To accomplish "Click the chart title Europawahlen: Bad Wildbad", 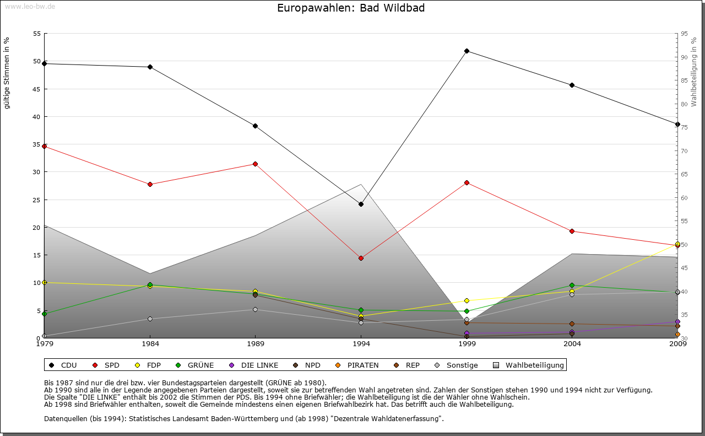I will [351, 8].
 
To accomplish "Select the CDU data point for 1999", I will [467, 51].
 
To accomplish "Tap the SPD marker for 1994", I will [361, 258].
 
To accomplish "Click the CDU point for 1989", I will [255, 126].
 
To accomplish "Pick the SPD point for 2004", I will [572, 231].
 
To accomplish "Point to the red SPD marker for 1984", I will [150, 184].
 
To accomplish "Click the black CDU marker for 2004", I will [572, 85].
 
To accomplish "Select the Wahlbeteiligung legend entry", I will [528, 365].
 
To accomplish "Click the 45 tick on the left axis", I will [37, 89].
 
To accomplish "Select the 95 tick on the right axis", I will [684, 34].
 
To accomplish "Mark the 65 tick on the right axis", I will [684, 174].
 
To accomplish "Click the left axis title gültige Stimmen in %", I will [7, 73].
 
